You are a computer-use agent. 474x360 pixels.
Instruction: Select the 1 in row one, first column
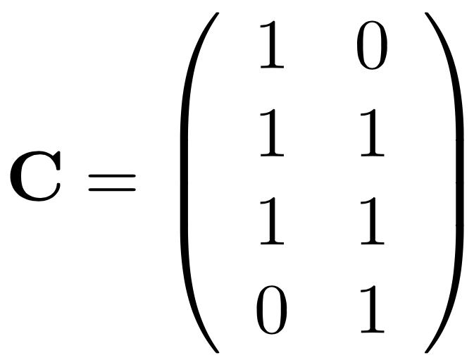273,47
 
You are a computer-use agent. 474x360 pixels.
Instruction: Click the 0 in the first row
372,47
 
